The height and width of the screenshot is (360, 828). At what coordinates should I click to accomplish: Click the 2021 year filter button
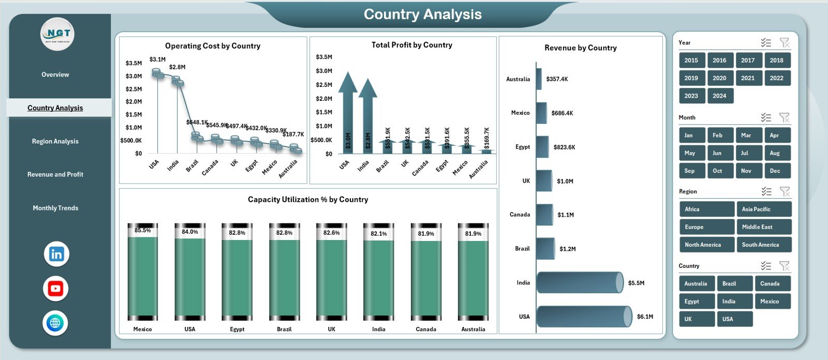747,78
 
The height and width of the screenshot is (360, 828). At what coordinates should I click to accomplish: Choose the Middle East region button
763,227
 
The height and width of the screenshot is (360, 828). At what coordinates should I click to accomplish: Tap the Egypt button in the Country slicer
696,302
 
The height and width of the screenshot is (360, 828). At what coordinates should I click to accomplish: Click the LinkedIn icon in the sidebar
56,254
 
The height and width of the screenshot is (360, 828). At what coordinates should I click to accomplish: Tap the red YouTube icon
56,289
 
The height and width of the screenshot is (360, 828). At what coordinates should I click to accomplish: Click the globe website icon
55,323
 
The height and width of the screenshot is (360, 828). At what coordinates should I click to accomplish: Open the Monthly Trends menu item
55,208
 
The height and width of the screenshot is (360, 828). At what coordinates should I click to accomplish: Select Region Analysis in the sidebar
55,141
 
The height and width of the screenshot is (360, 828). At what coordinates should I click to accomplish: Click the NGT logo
57,34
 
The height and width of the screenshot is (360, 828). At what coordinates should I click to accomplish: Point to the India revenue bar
580,283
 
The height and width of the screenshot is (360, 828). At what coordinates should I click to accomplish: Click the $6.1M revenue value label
645,317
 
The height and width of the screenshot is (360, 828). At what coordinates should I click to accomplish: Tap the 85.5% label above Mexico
142,231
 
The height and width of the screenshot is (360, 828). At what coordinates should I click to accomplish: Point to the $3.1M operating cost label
157,59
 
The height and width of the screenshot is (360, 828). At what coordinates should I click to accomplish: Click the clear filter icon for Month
785,118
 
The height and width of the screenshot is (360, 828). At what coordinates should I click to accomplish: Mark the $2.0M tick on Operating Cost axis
134,102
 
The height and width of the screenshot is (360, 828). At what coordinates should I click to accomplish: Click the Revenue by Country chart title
580,48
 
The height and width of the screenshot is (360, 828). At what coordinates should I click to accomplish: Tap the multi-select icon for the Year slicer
766,43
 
